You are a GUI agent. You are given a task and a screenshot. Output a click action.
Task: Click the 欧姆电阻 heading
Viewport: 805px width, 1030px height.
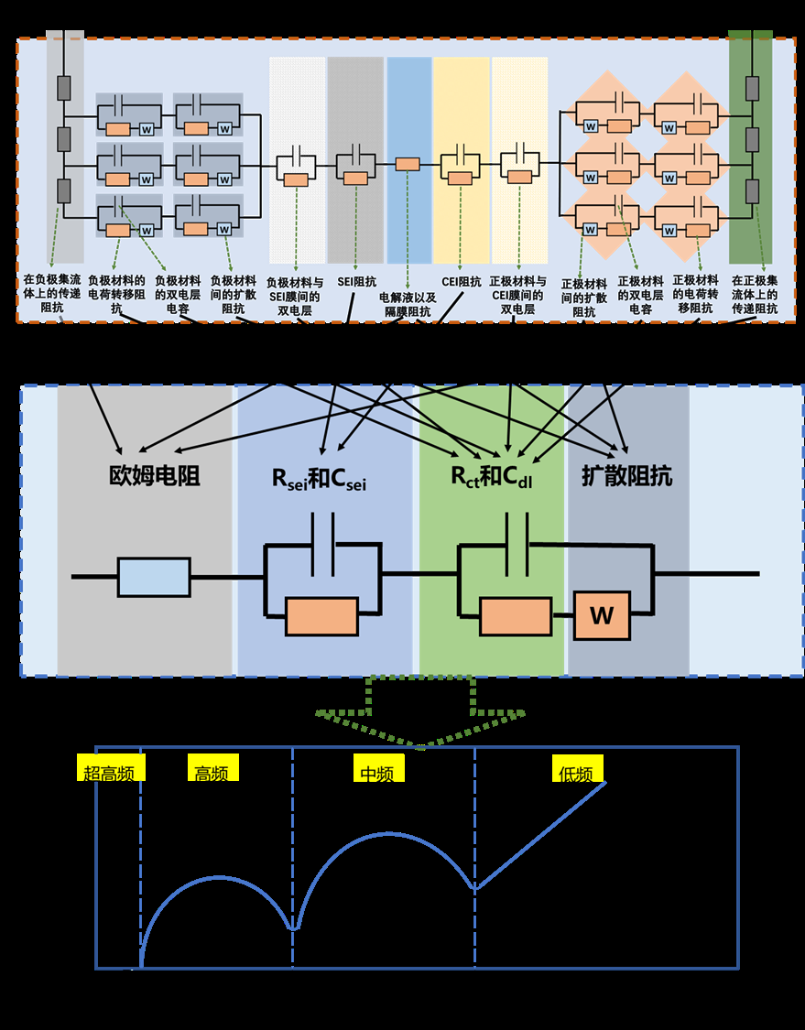pos(155,476)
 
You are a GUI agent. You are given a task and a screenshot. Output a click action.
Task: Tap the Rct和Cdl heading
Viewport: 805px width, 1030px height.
pos(491,477)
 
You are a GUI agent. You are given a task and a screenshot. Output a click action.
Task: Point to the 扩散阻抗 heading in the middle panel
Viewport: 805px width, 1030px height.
pos(626,476)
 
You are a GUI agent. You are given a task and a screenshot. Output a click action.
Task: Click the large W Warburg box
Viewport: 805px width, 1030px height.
pos(601,615)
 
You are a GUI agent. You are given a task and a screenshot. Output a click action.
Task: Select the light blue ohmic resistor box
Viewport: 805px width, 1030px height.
pos(154,577)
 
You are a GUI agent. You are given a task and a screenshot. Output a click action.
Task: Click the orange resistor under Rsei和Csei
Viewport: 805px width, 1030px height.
pos(321,616)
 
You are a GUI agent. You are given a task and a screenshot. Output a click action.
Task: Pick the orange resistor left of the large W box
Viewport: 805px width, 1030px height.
pos(516,616)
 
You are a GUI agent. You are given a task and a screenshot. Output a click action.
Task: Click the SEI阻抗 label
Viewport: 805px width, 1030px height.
pos(357,282)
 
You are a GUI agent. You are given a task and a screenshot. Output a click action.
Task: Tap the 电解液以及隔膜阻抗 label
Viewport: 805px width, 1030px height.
pos(408,304)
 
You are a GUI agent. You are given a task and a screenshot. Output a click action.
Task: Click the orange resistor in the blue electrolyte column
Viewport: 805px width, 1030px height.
pos(408,164)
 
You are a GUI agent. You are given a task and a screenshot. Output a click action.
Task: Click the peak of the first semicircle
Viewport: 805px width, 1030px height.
pos(218,877)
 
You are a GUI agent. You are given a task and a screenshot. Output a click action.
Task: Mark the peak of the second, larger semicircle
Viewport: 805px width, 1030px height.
pos(388,833)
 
